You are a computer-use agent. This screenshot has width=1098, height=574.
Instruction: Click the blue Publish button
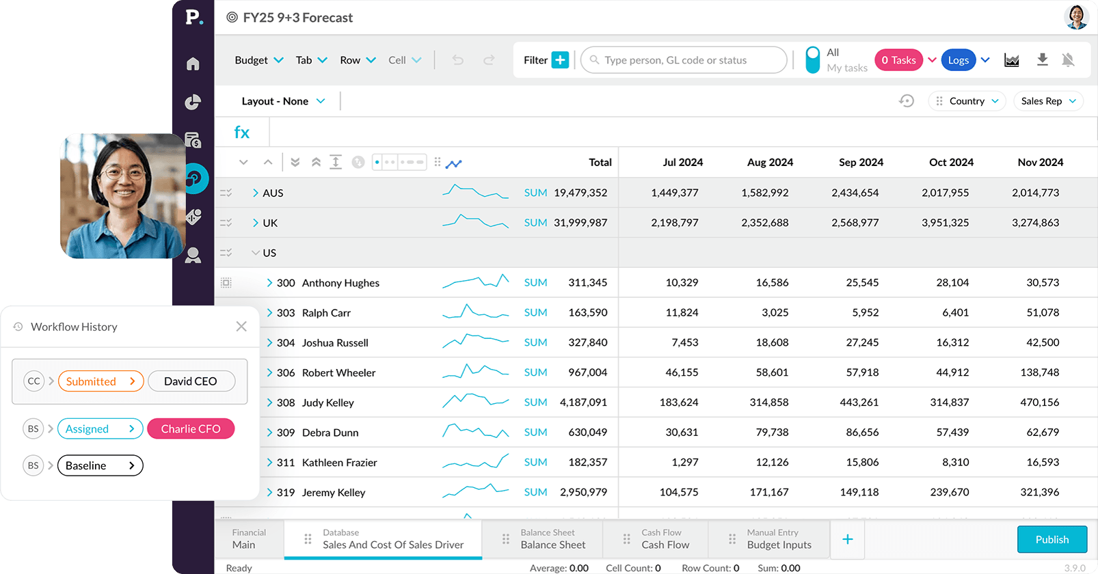coord(1052,539)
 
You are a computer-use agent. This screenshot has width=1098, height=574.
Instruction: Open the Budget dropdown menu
coord(258,60)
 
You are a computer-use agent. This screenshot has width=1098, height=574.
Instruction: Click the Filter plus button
coord(560,60)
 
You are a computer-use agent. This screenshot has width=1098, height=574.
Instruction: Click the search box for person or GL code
coord(684,60)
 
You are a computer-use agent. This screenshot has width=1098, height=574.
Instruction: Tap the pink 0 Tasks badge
coord(898,60)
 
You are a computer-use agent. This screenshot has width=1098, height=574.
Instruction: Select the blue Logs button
coord(958,60)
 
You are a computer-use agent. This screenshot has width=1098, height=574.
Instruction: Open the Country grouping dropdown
coord(967,101)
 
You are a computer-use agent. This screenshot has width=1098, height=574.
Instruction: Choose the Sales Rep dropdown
coord(1048,101)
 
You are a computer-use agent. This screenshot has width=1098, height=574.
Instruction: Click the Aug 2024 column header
coord(770,163)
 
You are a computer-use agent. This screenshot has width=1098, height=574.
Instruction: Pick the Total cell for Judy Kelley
coord(583,402)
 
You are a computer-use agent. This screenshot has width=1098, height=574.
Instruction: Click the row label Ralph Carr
coord(326,313)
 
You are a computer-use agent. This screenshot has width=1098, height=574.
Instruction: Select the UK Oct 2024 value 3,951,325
coord(945,223)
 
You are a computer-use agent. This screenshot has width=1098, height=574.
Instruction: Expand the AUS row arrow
coord(255,193)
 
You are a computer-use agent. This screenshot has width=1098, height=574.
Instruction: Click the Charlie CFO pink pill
coord(191,429)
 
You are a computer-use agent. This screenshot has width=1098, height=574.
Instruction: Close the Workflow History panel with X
coord(241,327)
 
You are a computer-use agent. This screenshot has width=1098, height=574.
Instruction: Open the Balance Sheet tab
coord(552,539)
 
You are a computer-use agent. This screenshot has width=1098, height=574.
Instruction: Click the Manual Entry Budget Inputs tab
coord(779,539)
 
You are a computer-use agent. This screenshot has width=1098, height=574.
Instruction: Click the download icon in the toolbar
coord(1042,60)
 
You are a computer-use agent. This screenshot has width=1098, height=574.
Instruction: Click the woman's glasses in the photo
coord(124,173)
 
